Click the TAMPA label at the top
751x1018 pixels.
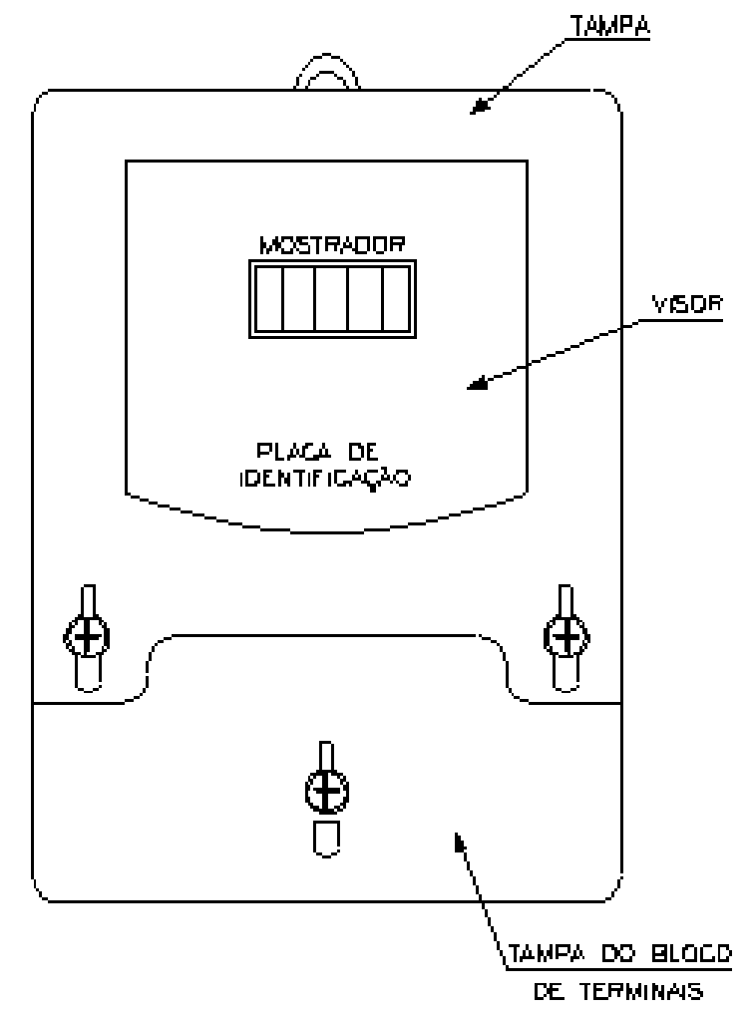pyautogui.click(x=610, y=26)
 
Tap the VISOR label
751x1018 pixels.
pyautogui.click(x=687, y=304)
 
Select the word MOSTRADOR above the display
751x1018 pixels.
pyautogui.click(x=332, y=244)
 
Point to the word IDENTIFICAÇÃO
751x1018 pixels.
pyautogui.click(x=325, y=480)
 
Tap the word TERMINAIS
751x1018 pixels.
pyautogui.click(x=640, y=991)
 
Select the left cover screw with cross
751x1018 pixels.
pyautogui.click(x=87, y=637)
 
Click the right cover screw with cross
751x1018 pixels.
pyautogui.click(x=566, y=637)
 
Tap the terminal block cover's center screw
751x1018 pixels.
pyautogui.click(x=327, y=791)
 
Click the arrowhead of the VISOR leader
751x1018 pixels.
pyautogui.click(x=477, y=384)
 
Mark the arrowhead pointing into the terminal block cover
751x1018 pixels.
pyautogui.click(x=460, y=842)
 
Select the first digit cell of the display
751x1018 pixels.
pyautogui.click(x=269, y=299)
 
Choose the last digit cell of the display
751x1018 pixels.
pyautogui.click(x=396, y=299)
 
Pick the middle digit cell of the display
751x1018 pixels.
pyautogui.click(x=332, y=299)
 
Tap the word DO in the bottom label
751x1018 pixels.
pyautogui.click(x=616, y=954)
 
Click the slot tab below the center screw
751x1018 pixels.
pyautogui.click(x=327, y=839)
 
